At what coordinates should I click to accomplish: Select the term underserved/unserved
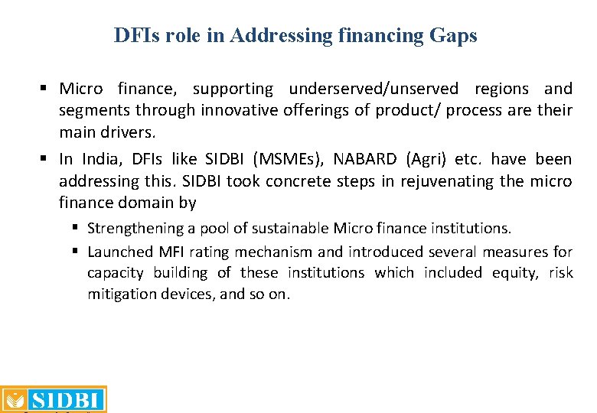click(x=374, y=89)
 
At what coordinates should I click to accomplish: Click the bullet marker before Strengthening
click(x=77, y=229)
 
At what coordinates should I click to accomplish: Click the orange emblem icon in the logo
click(x=15, y=400)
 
